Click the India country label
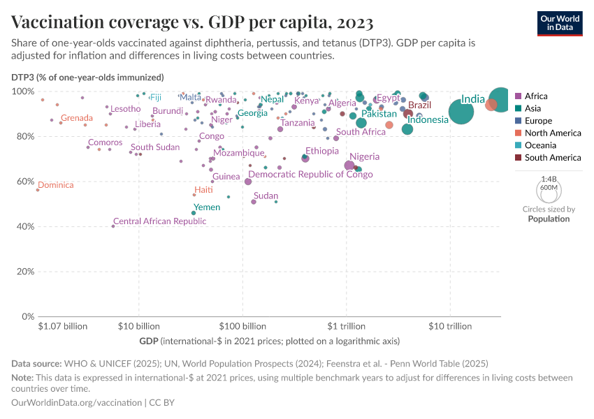[x=472, y=100]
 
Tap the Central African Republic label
[x=159, y=221]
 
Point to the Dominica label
[x=55, y=185]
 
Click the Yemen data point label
[x=207, y=207]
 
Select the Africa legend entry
[x=536, y=96]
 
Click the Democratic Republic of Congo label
[x=310, y=175]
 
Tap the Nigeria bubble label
[x=364, y=156]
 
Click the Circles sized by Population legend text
[x=549, y=214]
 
